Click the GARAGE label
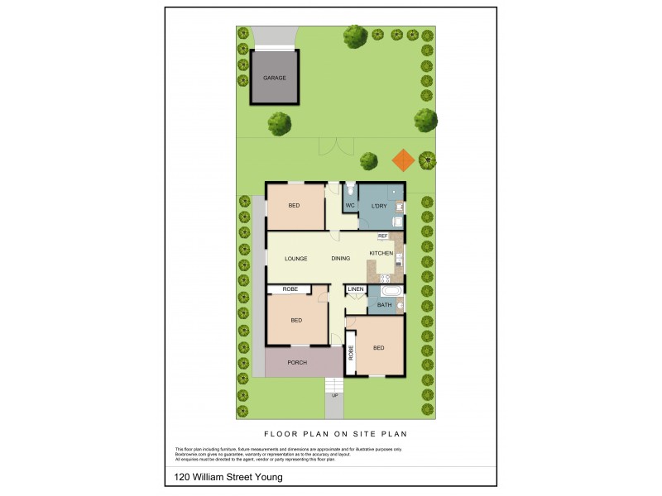click(x=275, y=78)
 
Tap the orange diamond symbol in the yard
click(x=403, y=159)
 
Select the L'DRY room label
click(x=379, y=205)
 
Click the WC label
click(x=350, y=205)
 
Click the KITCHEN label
click(x=381, y=252)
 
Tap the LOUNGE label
click(x=296, y=259)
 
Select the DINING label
click(x=341, y=259)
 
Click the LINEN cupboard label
click(x=356, y=289)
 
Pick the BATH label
click(x=384, y=305)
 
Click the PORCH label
click(x=297, y=363)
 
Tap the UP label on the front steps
click(x=334, y=395)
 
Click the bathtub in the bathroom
click(x=390, y=291)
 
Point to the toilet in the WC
click(x=351, y=188)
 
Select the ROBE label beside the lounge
click(x=290, y=289)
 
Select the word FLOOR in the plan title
click(x=281, y=433)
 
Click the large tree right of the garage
click(x=280, y=124)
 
